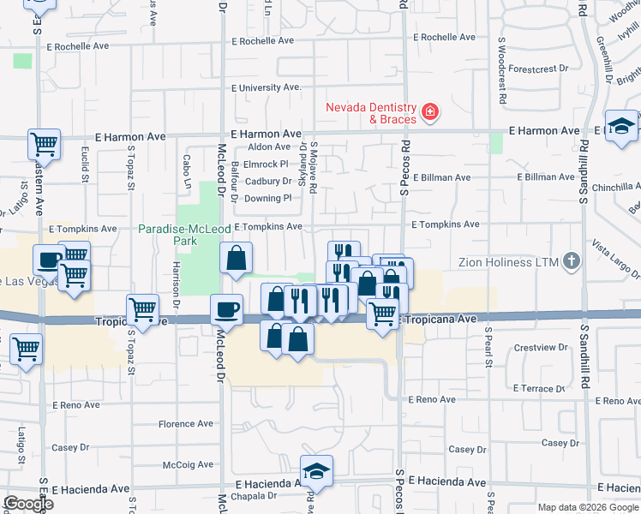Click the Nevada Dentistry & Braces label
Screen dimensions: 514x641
click(x=370, y=113)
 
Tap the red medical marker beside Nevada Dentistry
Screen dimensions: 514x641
click(x=428, y=111)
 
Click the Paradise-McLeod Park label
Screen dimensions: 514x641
click(x=168, y=235)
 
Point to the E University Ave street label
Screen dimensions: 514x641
click(x=267, y=87)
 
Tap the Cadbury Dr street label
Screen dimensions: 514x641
click(x=269, y=182)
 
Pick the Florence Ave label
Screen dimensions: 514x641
click(x=185, y=424)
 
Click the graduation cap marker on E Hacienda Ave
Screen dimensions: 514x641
click(x=316, y=470)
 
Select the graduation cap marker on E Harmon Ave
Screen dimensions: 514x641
click(x=621, y=126)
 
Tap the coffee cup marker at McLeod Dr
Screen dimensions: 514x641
click(x=228, y=309)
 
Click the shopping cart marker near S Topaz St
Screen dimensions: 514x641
click(x=142, y=309)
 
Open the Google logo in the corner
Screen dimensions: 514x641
click(x=27, y=505)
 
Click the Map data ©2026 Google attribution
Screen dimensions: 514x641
click(x=588, y=507)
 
